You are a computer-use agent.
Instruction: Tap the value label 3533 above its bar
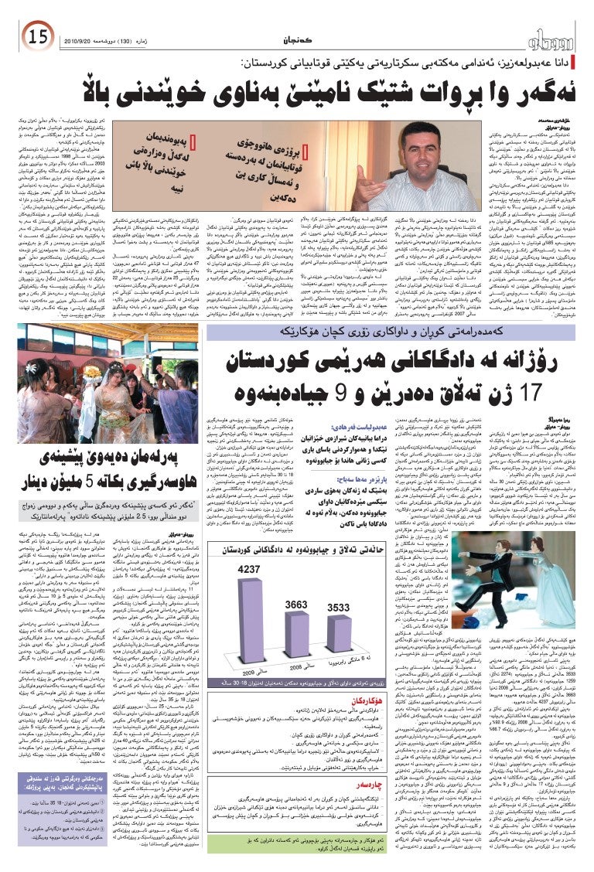(x=338, y=608)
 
